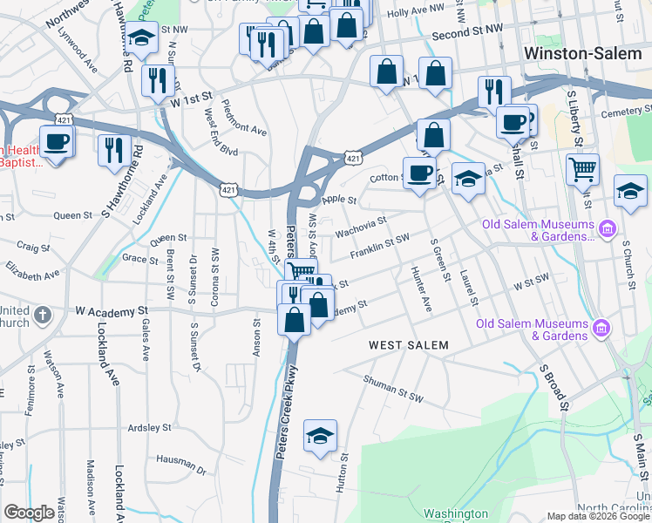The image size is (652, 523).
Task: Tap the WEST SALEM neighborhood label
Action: [x=408, y=345]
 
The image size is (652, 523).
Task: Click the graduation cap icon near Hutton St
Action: [x=320, y=436]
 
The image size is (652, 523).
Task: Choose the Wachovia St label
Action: [x=361, y=227]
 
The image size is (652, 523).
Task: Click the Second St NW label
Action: [x=467, y=33]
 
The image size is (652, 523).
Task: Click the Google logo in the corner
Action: [x=30, y=513]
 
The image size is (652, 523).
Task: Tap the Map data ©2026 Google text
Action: [x=598, y=516]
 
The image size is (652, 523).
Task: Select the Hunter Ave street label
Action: [x=421, y=289]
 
